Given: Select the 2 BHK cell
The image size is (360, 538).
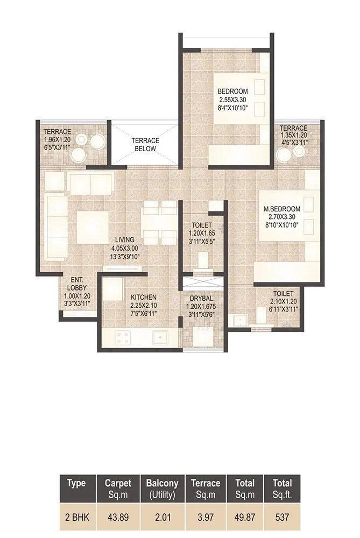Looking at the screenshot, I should [x=76, y=518].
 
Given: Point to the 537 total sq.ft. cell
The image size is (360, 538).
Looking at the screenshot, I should [x=282, y=518].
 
